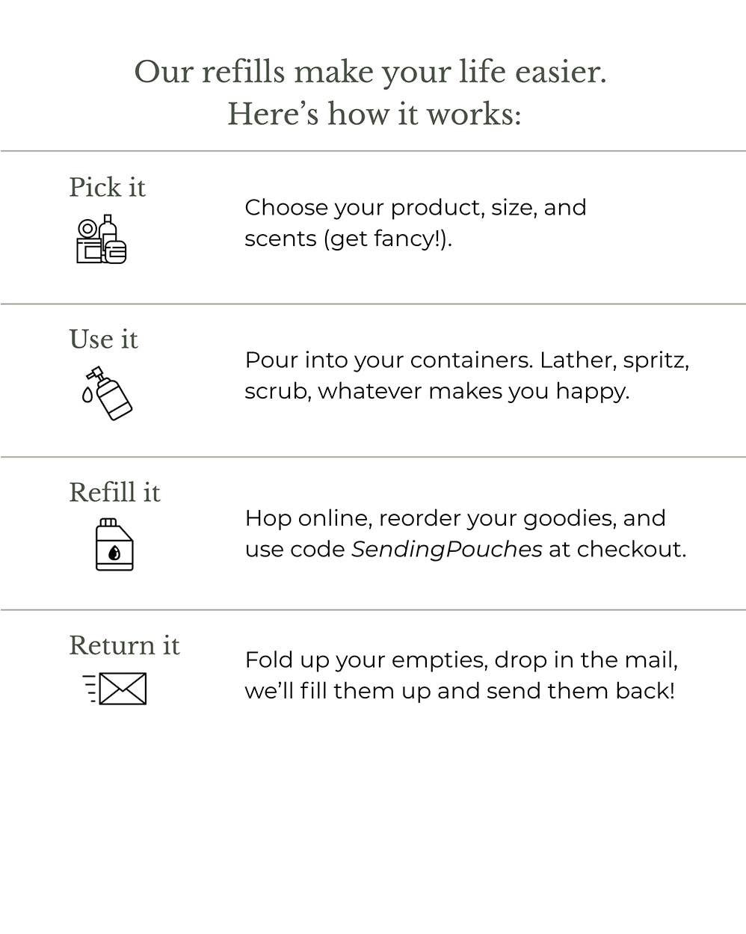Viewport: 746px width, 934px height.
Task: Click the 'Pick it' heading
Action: coord(107,188)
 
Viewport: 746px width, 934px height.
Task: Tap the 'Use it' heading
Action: coord(103,340)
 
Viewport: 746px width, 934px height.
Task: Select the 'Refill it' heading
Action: coord(114,493)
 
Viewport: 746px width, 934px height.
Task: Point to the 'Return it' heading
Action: coord(124,645)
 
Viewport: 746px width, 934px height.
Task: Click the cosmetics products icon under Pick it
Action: coord(101,240)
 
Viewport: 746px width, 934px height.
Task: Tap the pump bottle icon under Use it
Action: coord(108,393)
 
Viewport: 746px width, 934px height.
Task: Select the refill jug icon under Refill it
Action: coord(114,545)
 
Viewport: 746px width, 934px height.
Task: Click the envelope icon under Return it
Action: coord(116,689)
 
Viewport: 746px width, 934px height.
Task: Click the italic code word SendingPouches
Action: coord(446,550)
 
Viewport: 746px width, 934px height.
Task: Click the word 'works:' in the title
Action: coord(473,114)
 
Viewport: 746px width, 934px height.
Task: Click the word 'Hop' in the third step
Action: coord(268,519)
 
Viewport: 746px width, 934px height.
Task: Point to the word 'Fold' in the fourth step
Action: coord(268,660)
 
